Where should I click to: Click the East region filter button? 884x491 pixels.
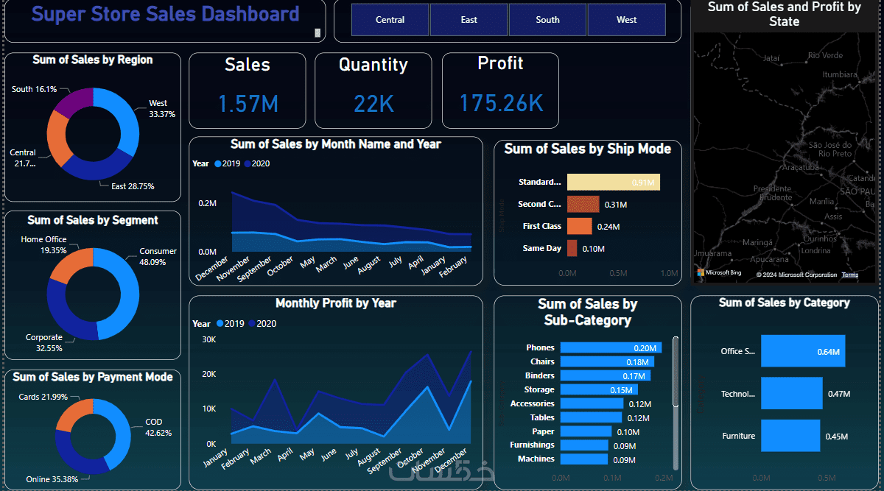coord(469,20)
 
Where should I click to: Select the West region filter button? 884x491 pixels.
coord(626,20)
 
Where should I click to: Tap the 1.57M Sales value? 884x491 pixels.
coord(248,104)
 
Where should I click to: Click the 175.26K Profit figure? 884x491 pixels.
coord(501,103)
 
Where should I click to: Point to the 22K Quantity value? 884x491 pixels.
coord(373,104)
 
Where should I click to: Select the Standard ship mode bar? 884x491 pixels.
coord(613,182)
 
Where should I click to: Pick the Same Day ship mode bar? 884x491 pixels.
coord(572,248)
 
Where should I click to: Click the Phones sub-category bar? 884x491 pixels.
coord(610,347)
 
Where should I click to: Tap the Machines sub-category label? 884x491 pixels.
coord(536,459)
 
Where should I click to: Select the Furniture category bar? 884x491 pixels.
coord(790,436)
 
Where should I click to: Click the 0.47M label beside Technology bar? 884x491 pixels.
coord(839,394)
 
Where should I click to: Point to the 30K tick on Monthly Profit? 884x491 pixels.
coord(208,339)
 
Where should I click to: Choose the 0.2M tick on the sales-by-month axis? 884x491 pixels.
coord(207,203)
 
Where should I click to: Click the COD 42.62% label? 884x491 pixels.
coord(158,428)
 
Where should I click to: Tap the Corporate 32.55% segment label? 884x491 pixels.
coord(44,343)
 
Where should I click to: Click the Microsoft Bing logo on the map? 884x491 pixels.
coord(719,272)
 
